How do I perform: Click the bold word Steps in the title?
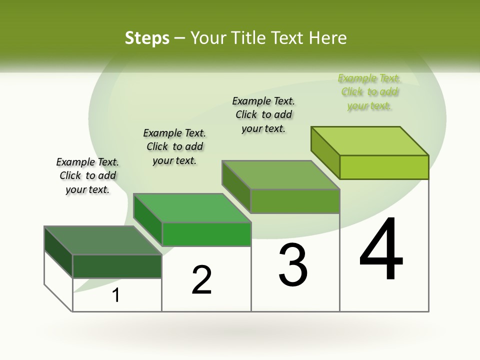[x=147, y=38]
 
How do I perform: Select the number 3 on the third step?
[x=293, y=265]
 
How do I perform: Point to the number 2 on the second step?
[x=201, y=280]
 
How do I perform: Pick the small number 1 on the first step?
[x=116, y=295]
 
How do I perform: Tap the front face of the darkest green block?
[x=117, y=266]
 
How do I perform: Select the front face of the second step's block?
[x=206, y=234]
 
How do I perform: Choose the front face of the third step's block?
[x=295, y=201]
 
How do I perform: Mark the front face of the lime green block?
[x=384, y=167]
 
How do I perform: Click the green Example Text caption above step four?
[x=369, y=92]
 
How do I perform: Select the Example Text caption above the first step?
[x=87, y=175]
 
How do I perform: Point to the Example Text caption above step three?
[x=263, y=114]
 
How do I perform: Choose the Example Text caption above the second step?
[x=174, y=146]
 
